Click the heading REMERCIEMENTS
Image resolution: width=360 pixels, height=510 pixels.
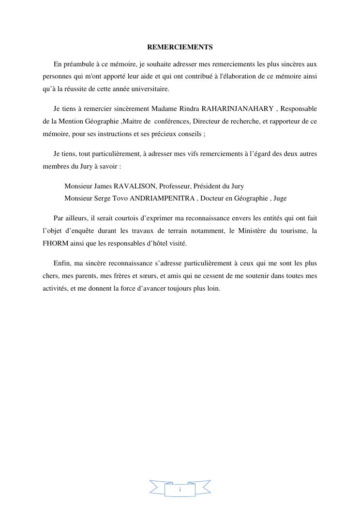[180, 47]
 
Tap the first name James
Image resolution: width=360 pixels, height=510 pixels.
[103, 186]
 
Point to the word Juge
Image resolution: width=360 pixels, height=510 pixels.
[280, 198]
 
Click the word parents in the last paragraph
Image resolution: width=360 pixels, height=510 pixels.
[80, 276]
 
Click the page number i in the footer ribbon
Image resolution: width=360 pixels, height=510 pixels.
[180, 490]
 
